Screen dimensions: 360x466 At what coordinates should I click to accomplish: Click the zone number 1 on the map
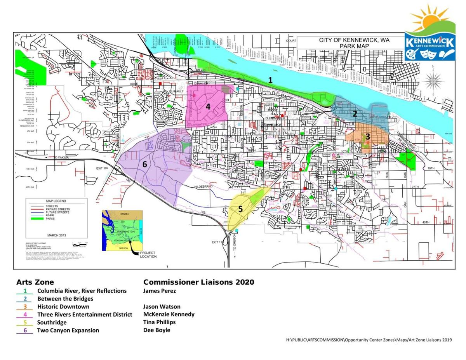point(270,80)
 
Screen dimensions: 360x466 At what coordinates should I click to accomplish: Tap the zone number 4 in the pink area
point(208,106)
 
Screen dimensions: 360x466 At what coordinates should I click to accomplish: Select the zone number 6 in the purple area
point(144,164)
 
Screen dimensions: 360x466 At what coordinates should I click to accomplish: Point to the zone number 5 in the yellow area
point(240,209)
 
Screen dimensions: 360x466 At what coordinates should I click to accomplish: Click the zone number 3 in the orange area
point(367,136)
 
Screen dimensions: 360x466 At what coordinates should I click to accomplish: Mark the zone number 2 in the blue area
point(355,114)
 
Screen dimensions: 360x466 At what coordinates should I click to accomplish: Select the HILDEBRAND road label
point(204,187)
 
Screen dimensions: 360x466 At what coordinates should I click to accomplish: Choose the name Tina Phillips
point(159,322)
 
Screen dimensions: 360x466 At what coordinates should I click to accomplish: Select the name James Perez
point(160,290)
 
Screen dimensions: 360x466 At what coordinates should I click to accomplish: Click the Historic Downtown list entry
point(63,306)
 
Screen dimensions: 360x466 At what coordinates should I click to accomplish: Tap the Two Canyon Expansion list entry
point(68,330)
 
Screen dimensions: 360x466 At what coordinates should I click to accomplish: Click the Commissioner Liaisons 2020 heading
point(198,282)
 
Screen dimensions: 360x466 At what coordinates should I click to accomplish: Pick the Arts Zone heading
point(35,282)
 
